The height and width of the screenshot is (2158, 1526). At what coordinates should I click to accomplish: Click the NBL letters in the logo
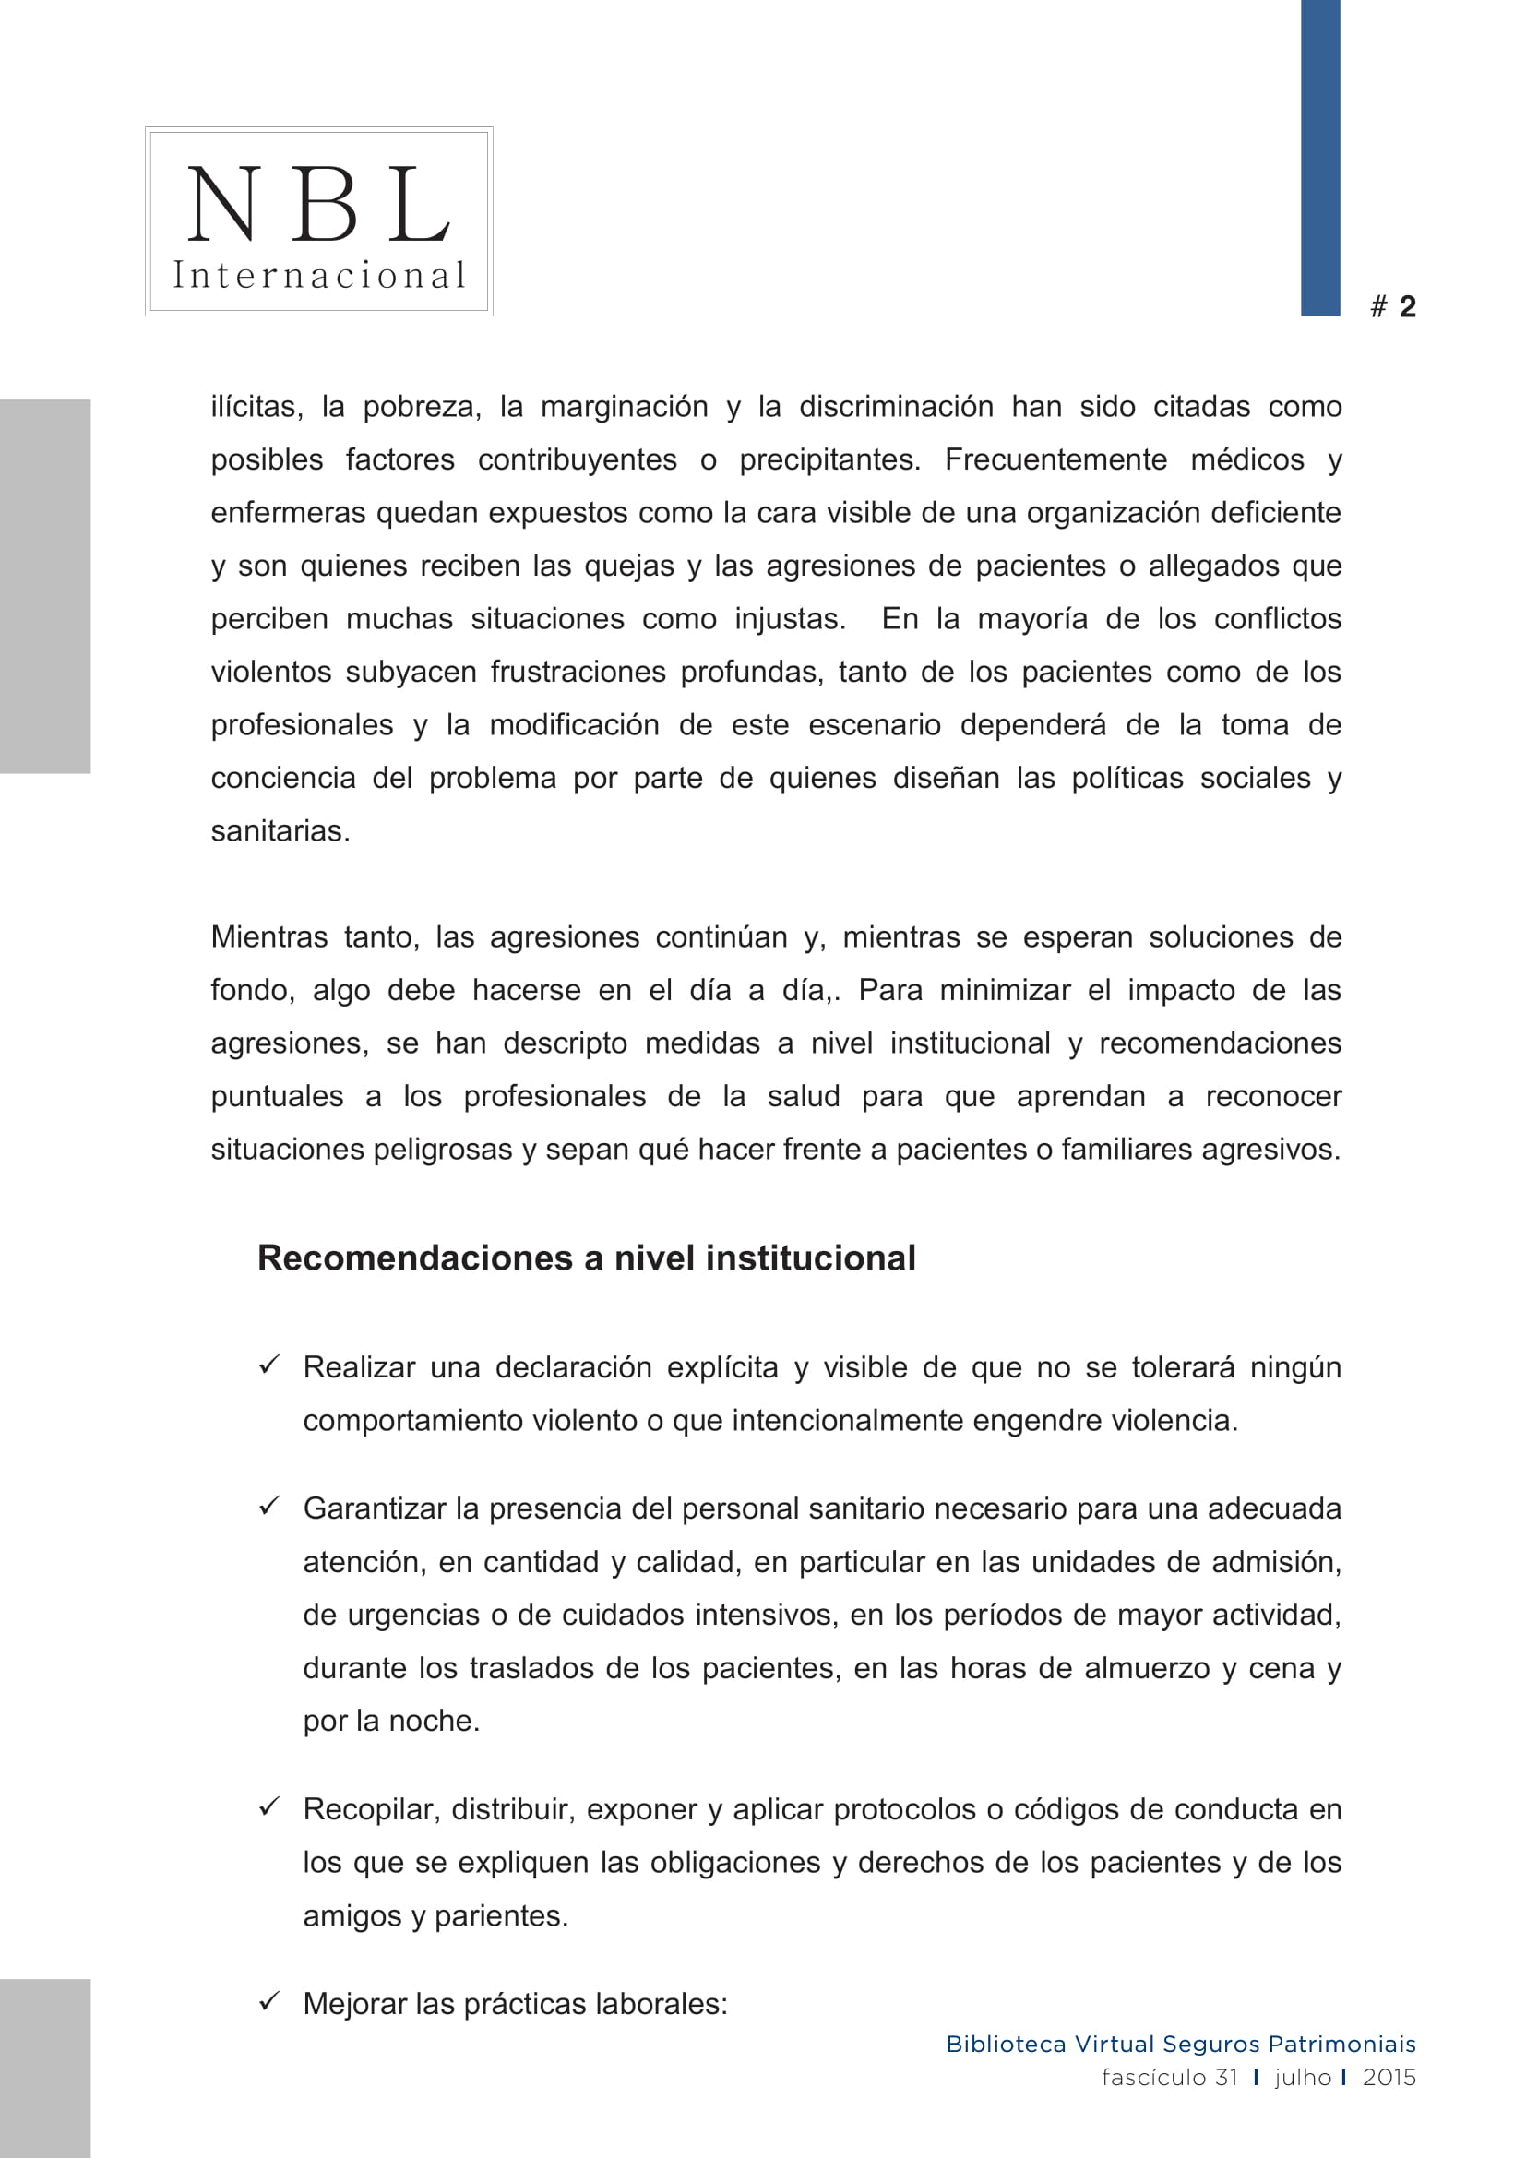point(318,203)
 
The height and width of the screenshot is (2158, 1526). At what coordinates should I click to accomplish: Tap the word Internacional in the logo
point(318,275)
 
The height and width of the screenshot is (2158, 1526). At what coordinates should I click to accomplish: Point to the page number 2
point(1407,306)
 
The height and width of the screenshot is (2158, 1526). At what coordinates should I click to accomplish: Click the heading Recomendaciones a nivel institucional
point(587,1258)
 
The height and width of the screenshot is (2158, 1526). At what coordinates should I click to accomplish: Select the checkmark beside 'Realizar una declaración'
point(269,1364)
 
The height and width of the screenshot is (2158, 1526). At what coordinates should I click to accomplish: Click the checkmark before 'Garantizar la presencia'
point(269,1506)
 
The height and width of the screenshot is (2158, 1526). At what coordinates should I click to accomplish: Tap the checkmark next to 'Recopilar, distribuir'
point(269,1806)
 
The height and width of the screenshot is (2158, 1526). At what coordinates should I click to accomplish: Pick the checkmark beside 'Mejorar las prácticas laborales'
point(269,2001)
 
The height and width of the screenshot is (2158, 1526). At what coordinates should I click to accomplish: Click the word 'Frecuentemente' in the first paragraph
point(1055,459)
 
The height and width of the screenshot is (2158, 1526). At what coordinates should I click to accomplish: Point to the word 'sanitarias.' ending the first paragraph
point(280,831)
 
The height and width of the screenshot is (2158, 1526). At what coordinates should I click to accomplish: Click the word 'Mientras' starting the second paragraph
point(268,937)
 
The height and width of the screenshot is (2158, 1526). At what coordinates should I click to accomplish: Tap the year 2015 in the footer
point(1389,2077)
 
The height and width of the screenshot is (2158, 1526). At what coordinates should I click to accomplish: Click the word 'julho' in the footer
point(1303,2077)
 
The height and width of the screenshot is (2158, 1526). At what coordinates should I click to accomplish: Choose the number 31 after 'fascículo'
point(1225,2077)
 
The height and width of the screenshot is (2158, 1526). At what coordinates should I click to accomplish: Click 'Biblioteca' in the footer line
point(1006,2045)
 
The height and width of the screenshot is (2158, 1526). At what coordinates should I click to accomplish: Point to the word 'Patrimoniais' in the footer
point(1341,2045)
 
